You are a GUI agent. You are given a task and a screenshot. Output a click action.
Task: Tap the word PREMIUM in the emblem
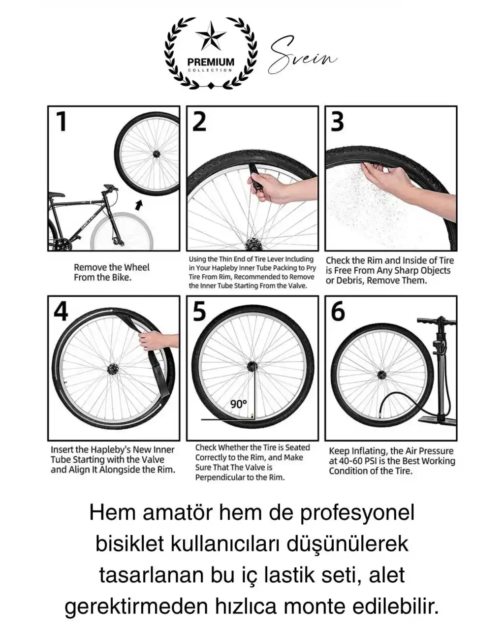[211, 62]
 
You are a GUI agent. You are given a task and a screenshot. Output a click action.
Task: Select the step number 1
[62, 121]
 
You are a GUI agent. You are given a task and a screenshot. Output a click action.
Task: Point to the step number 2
[199, 121]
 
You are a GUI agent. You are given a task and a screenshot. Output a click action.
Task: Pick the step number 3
[338, 121]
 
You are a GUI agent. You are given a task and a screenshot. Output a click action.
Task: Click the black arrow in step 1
[139, 205]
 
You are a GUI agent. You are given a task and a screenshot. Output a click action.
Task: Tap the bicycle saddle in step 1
[56, 194]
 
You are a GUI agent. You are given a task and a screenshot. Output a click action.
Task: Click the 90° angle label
[239, 404]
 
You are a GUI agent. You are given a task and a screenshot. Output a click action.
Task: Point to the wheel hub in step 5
[252, 366]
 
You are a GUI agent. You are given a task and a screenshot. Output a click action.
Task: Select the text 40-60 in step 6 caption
[352, 461]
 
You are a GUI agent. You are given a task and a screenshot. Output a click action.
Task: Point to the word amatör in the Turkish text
[177, 512]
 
